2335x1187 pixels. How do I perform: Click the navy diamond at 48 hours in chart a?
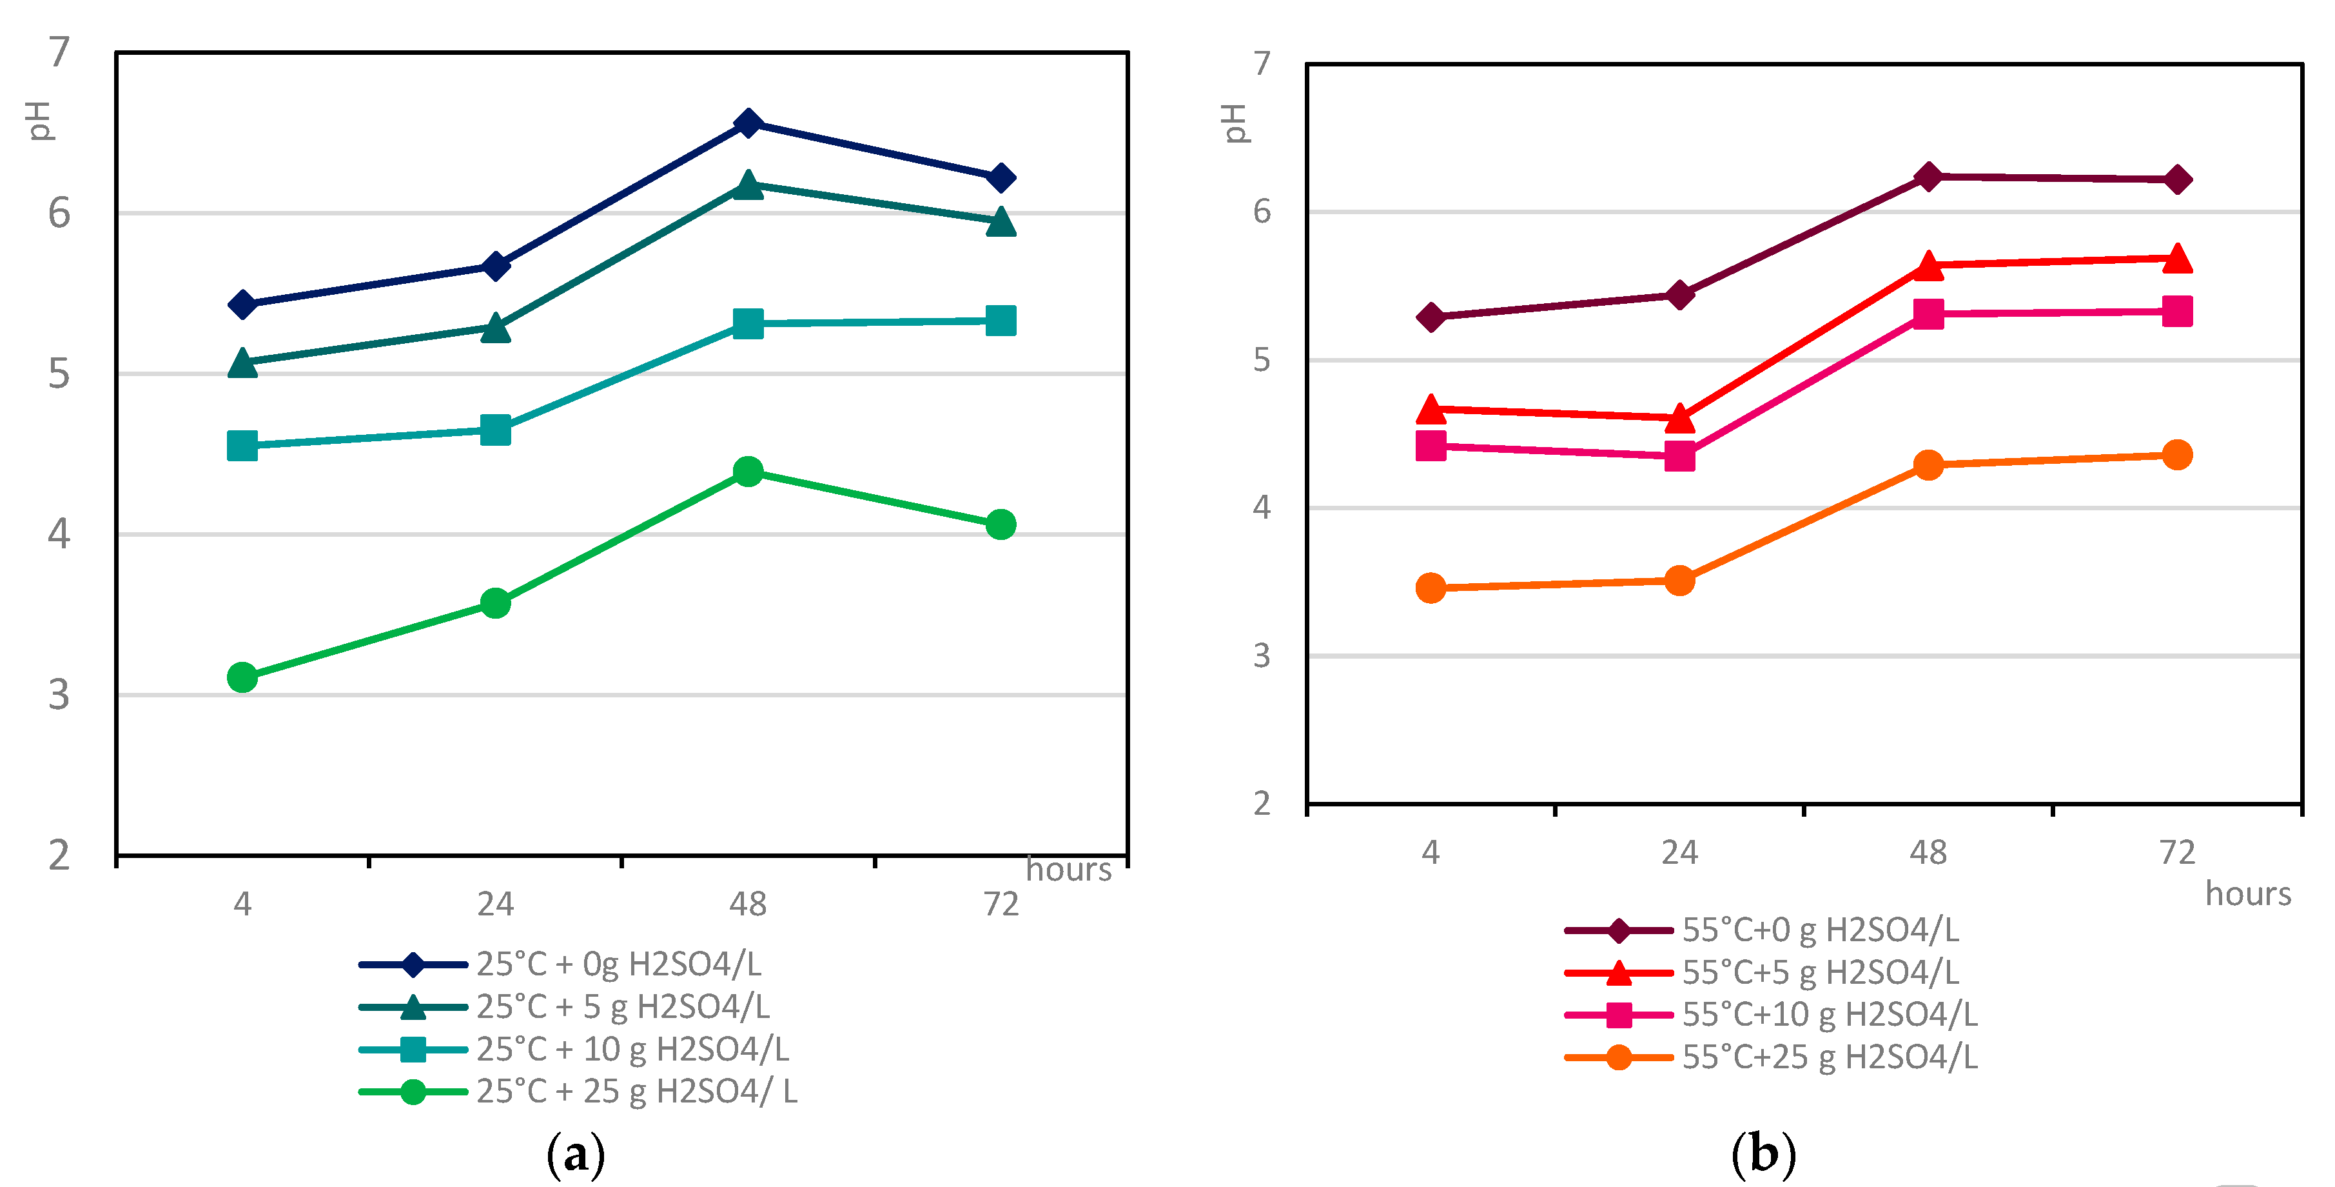[x=747, y=123]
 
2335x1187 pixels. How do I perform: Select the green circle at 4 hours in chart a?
[x=242, y=677]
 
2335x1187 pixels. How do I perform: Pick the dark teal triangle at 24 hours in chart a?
[x=495, y=327]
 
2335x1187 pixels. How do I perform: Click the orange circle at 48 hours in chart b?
[x=1928, y=465]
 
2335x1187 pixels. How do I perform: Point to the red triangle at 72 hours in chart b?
[x=2176, y=259]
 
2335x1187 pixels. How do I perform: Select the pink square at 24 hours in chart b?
[x=1679, y=455]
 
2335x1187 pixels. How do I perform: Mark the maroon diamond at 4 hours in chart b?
[x=1431, y=317]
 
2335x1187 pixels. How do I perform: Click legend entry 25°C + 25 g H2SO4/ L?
[x=636, y=1091]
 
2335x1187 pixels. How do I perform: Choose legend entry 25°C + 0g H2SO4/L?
[x=618, y=963]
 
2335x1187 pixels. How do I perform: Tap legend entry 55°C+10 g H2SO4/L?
[x=1829, y=1014]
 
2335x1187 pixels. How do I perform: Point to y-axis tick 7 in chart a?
[x=59, y=53]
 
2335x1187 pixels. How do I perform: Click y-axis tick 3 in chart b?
[x=1261, y=655]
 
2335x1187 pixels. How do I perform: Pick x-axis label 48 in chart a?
[x=747, y=903]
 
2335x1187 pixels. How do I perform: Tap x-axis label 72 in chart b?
[x=2176, y=852]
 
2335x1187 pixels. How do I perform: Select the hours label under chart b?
[x=2247, y=893]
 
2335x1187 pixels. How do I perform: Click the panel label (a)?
[x=576, y=1154]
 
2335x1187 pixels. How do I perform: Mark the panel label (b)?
[x=1763, y=1154]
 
